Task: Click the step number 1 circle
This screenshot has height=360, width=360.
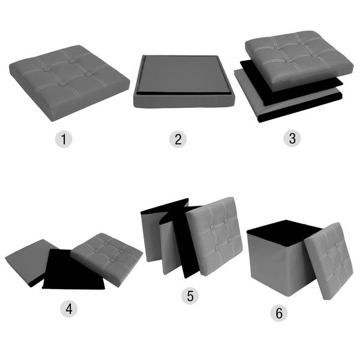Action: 64,139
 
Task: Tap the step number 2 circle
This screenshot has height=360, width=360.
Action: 178,139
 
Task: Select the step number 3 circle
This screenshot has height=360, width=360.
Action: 292,138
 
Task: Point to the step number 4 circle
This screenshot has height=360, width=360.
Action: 68,308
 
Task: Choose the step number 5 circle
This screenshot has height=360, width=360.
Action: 190,296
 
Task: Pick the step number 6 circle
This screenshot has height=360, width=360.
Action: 279,313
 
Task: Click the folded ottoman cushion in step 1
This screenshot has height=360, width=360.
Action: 70,83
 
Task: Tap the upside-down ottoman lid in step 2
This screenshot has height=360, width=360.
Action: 184,82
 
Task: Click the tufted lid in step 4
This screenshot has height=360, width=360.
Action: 107,259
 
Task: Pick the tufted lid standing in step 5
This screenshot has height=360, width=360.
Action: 215,236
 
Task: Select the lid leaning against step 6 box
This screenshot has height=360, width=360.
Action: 329,260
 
